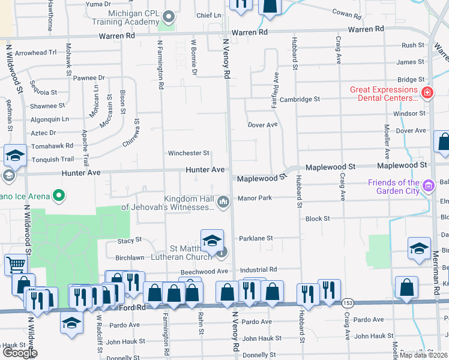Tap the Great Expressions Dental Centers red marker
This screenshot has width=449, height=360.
[x=427, y=93]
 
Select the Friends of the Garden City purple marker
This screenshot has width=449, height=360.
[x=429, y=185]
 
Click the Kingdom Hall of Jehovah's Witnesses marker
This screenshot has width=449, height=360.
[x=224, y=202]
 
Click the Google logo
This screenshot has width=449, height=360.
[x=20, y=353]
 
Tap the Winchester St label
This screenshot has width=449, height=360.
[x=188, y=153]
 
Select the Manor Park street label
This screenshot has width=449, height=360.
[x=255, y=197]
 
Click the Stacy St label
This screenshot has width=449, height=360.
[x=130, y=239]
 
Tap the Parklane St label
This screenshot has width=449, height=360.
[x=256, y=238]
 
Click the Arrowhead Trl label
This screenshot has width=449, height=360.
[x=35, y=53]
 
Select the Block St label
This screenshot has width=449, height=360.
[x=318, y=219]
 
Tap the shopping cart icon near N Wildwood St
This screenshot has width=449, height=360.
[x=16, y=265]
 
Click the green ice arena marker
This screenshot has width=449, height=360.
[x=58, y=195]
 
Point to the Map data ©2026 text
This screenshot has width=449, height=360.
[x=423, y=355]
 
